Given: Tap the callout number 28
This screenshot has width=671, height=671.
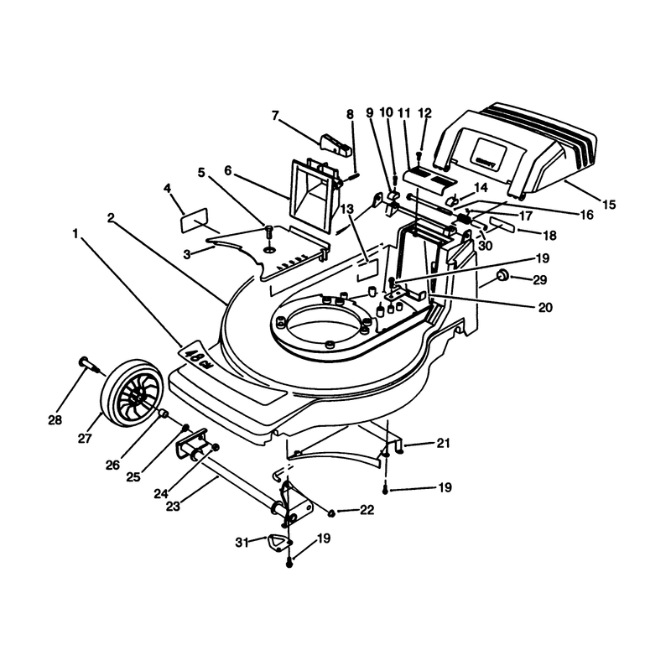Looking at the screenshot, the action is click(x=55, y=420).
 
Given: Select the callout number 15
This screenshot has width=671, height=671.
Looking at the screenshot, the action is click(x=609, y=205).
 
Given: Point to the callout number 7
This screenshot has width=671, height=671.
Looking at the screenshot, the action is click(x=275, y=116).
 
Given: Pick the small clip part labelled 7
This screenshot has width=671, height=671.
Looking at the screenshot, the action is click(x=335, y=144).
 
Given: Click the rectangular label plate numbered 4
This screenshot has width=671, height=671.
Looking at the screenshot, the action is click(x=195, y=221).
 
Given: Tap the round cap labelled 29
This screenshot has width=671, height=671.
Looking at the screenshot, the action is click(x=502, y=275).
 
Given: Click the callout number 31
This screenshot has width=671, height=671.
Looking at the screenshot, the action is click(x=242, y=543).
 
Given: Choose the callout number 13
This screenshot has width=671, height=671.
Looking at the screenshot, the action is click(x=347, y=209).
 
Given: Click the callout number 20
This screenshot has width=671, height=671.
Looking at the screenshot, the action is click(x=545, y=307).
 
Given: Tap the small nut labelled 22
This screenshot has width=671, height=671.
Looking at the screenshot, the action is click(x=331, y=512).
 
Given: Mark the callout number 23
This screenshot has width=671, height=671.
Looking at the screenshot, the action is click(x=173, y=507).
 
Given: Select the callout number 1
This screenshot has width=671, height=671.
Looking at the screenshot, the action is click(x=75, y=234).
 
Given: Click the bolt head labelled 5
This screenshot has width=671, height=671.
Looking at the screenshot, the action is click(x=268, y=229).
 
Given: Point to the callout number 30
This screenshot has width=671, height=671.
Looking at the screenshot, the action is click(x=486, y=246).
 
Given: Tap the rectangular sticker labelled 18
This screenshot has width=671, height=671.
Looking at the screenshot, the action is click(x=502, y=223).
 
